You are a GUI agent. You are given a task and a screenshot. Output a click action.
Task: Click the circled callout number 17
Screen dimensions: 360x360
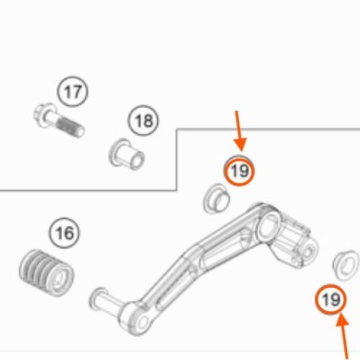(x=73, y=91)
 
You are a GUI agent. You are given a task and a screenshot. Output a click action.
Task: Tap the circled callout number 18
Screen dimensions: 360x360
(x=143, y=120)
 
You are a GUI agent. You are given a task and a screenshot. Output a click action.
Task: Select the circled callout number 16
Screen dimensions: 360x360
(x=65, y=233)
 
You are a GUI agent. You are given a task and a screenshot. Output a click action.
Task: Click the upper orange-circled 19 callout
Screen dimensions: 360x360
(x=239, y=171)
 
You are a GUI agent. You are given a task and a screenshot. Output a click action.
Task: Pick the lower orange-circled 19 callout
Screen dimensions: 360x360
(x=331, y=300)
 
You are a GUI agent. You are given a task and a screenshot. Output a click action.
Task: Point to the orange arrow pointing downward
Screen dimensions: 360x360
(x=239, y=131)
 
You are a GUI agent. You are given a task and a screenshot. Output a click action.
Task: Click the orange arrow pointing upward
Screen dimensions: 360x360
(x=343, y=337)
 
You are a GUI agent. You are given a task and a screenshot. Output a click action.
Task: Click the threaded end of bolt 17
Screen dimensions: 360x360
(x=72, y=128)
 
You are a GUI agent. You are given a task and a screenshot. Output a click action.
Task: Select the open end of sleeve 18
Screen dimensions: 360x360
(x=138, y=160)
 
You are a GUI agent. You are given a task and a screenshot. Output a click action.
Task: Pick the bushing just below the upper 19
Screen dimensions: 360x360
(x=217, y=199)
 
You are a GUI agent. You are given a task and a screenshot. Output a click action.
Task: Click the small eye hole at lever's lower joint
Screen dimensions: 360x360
(x=143, y=323)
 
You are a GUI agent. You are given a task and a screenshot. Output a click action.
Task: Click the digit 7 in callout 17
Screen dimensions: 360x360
(x=76, y=91)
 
